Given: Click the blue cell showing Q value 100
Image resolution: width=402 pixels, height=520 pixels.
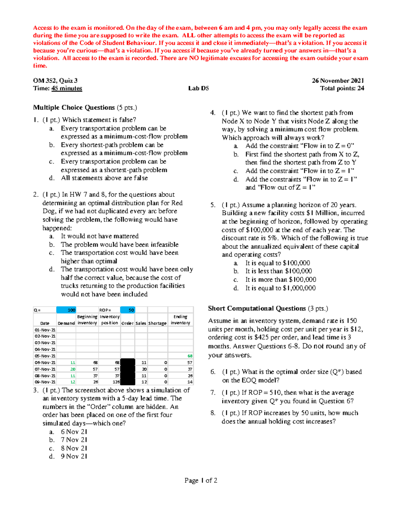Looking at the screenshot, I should point(66,310).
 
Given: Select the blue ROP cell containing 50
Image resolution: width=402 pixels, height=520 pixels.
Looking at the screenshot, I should point(128,310).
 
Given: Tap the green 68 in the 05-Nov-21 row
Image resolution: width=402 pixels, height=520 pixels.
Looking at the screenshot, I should point(190,356).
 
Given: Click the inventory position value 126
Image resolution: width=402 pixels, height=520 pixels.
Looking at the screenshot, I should point(116,382).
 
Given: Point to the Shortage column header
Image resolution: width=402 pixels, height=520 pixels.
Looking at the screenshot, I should point(157,323).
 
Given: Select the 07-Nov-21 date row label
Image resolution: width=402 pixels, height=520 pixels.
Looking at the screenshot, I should point(45,369).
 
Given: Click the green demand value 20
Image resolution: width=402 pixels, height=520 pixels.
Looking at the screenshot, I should point(73,369).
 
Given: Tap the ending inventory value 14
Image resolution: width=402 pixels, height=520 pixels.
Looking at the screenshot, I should point(190,382).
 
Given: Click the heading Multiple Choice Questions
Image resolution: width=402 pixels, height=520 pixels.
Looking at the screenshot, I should point(74,107).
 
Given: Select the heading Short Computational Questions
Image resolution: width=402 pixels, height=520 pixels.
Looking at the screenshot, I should point(257,308).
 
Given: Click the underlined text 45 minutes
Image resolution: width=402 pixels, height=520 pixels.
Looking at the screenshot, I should point(67,88).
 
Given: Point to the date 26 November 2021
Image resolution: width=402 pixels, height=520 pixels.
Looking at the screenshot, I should point(338,81).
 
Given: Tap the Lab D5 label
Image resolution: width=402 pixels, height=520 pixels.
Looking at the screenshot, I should point(198,88).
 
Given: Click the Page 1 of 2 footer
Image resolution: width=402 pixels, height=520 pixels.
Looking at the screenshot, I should point(201,480).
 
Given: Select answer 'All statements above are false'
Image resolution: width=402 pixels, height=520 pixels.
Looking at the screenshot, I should point(104,178).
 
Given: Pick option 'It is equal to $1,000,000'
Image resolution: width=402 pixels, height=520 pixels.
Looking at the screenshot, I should point(280,288).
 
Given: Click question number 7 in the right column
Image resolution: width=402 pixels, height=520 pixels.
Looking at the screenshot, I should point(213,392).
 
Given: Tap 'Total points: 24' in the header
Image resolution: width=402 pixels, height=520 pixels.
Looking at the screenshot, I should point(342,88).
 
